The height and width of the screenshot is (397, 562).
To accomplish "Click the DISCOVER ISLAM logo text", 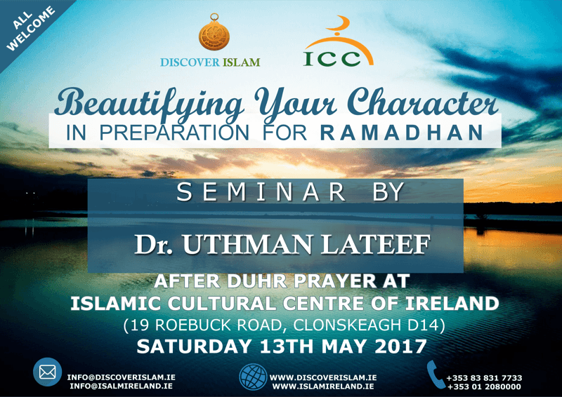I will pyautogui.click(x=210, y=62).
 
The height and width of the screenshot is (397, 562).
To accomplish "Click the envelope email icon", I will pyautogui.click(x=47, y=373).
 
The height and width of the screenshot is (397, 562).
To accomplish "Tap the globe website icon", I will pyautogui.click(x=253, y=377).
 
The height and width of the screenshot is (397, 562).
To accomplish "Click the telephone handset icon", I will pyautogui.click(x=436, y=375).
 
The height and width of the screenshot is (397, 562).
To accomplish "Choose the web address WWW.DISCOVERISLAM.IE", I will pyautogui.click(x=323, y=377).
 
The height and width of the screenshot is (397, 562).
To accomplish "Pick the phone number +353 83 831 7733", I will pyautogui.click(x=484, y=378).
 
